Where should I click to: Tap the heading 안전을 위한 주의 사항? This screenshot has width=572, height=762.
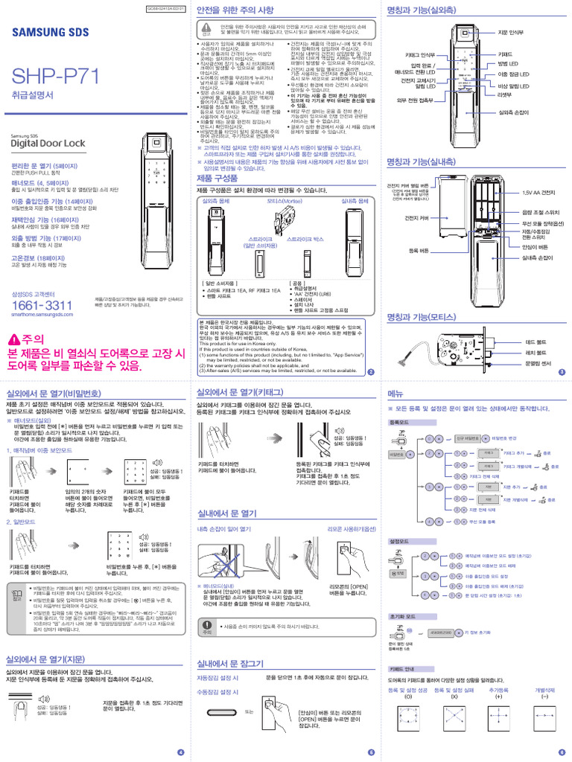click(236, 13)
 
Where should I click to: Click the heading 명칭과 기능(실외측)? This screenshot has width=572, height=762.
click(424, 13)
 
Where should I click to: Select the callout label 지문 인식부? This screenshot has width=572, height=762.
click(513, 33)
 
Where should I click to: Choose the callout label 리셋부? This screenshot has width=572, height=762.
click(505, 95)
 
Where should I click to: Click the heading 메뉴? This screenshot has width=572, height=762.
click(395, 392)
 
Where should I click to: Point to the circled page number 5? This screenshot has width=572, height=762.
click(370, 752)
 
